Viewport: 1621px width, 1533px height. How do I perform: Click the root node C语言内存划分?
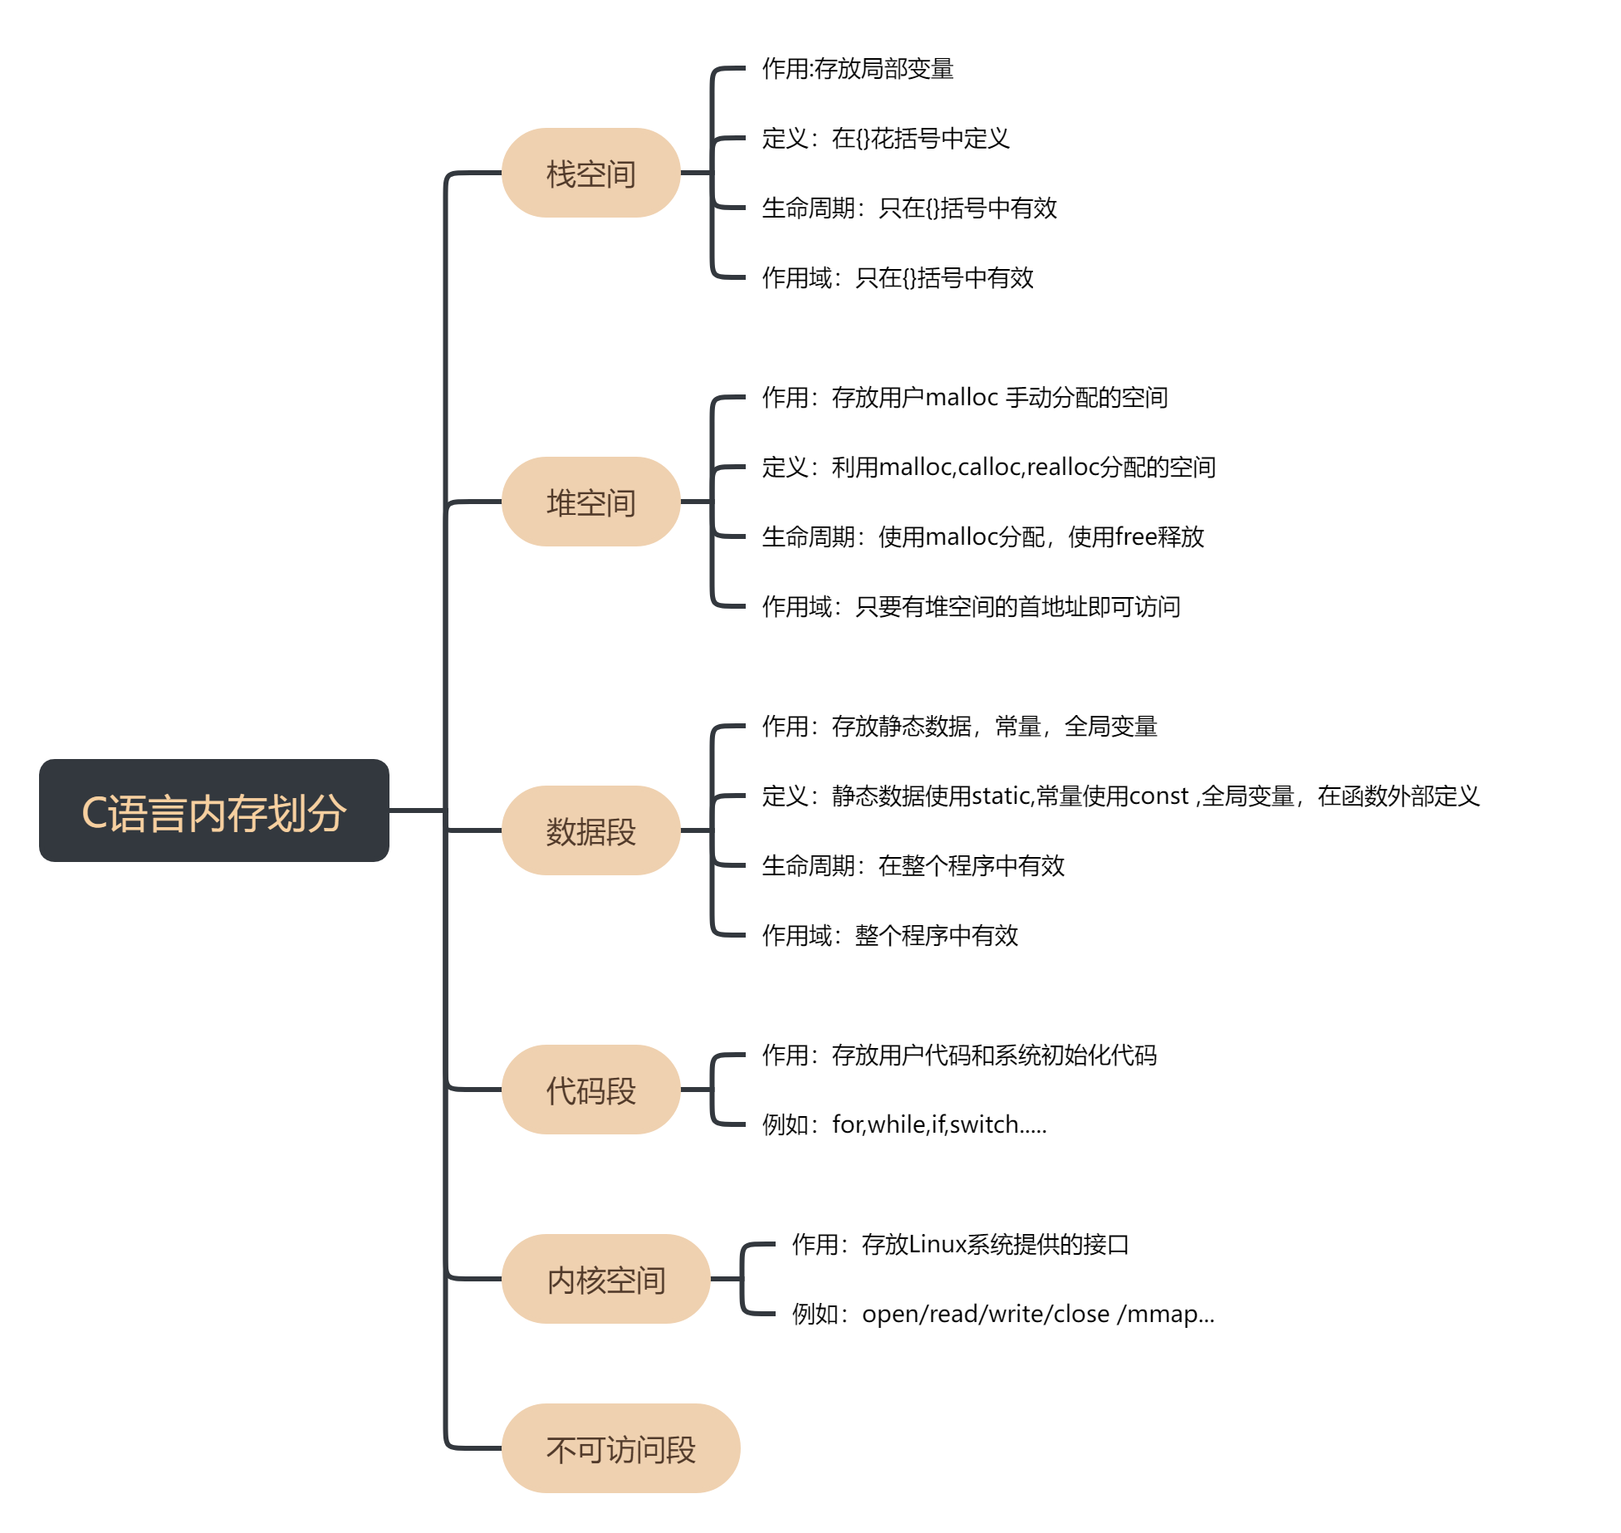pyautogui.click(x=213, y=811)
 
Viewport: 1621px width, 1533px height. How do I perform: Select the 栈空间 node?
pyautogui.click(x=590, y=174)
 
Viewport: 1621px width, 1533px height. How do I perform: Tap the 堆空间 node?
pyautogui.click(x=590, y=502)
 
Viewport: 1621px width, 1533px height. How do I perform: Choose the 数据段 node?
pyautogui.click(x=590, y=830)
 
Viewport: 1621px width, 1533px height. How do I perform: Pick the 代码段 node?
pyautogui.click(x=590, y=1090)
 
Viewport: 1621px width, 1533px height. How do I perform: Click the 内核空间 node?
pyautogui.click(x=605, y=1279)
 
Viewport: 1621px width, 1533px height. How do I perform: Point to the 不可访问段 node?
pyautogui.click(x=620, y=1448)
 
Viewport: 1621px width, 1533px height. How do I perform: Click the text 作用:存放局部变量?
pyautogui.click(x=857, y=68)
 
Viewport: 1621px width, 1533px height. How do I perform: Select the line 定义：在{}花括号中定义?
pyautogui.click(x=885, y=138)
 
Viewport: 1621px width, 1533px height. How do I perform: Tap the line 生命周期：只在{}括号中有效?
pyautogui.click(x=908, y=208)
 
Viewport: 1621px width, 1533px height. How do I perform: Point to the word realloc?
pyautogui.click(x=1062, y=468)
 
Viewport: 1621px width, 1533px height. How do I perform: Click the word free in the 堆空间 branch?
pyautogui.click(x=1135, y=537)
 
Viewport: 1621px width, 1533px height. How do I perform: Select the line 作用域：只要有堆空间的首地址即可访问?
pyautogui.click(x=971, y=607)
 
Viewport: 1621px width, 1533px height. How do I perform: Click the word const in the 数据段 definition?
pyautogui.click(x=1159, y=796)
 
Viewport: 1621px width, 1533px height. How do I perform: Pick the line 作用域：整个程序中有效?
pyautogui.click(x=889, y=936)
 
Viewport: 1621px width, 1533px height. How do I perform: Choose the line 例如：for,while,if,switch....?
pyautogui.click(x=904, y=1124)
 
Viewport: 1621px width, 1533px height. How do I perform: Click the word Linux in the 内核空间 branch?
pyautogui.click(x=938, y=1244)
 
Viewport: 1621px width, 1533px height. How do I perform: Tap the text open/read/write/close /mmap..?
pyautogui.click(x=1037, y=1314)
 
